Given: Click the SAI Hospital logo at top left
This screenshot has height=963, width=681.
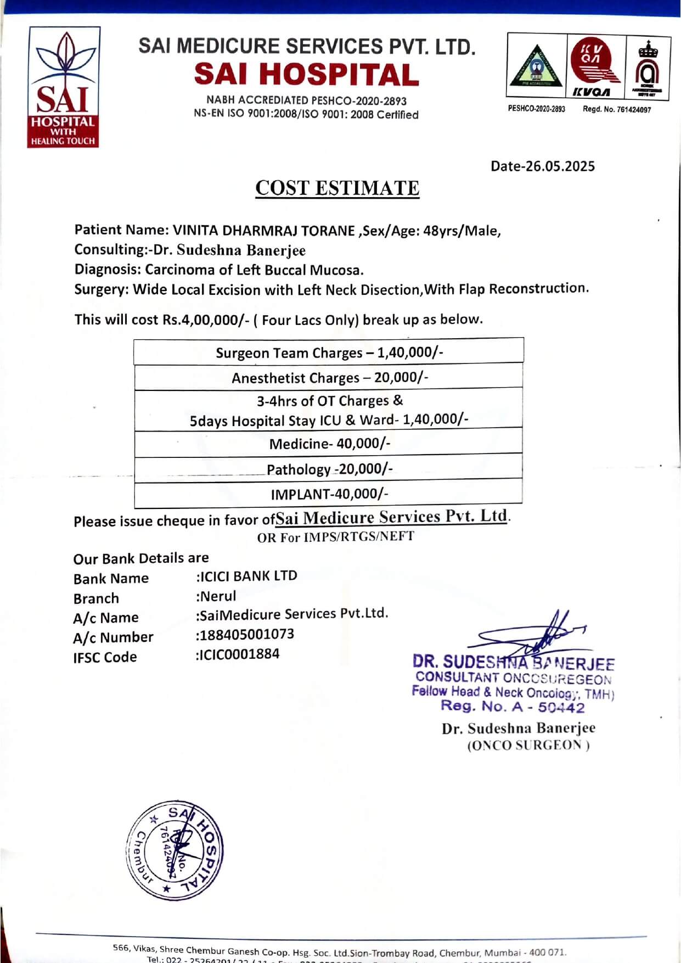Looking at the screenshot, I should point(64,87).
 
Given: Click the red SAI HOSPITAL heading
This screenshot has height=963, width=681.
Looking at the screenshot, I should point(306,75).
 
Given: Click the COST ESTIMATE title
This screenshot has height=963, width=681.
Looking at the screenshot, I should point(337,188).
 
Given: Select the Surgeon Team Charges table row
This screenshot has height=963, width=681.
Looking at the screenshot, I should point(329,352).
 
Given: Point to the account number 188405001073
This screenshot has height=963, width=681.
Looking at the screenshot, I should point(246,635).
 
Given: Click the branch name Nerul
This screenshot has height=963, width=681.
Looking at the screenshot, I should point(218,596).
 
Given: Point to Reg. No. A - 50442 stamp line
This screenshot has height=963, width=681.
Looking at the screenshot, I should point(513,707).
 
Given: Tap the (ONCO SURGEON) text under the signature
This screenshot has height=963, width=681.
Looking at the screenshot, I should point(528,746).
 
